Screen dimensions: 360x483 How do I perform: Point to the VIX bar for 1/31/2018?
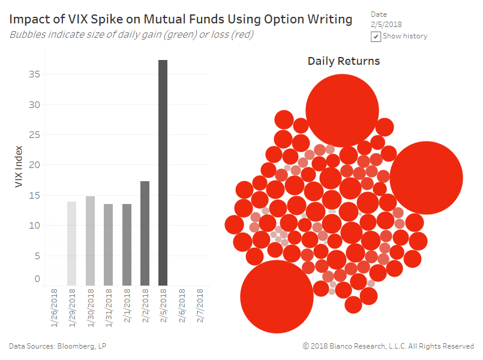(108, 244)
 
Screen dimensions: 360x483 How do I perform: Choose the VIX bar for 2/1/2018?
(127, 244)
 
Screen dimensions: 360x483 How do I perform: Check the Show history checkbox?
(376, 37)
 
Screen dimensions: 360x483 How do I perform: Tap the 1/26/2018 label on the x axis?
(53, 307)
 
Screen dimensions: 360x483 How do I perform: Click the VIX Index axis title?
(19, 165)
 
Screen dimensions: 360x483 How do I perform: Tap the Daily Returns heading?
(343, 61)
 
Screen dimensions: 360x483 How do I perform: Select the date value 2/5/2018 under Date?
(386, 25)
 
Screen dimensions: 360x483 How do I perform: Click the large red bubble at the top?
(342, 111)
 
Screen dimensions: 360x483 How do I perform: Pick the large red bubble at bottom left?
(277, 296)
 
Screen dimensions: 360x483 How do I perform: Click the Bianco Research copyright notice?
(388, 346)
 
